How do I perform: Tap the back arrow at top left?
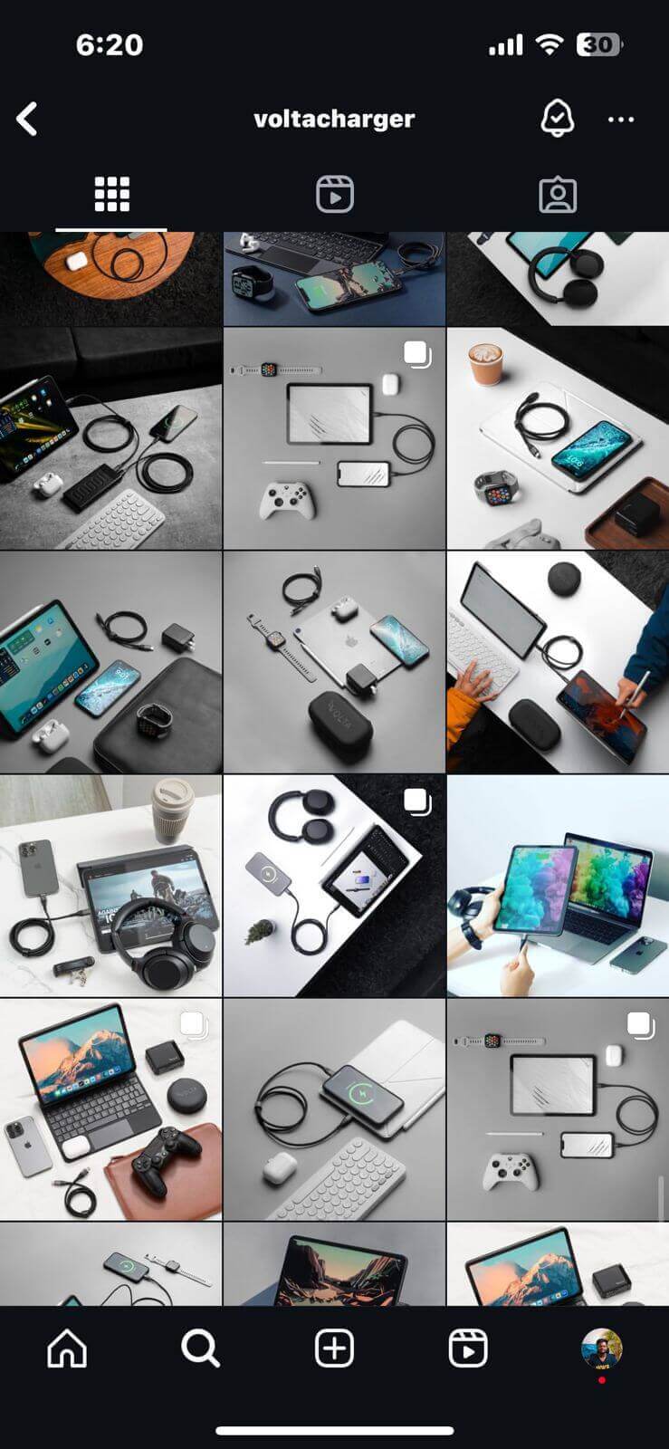point(27,119)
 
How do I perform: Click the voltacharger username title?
point(334,119)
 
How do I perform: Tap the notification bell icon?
point(557,119)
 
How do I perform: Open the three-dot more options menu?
point(621,120)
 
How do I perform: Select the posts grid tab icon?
point(112,194)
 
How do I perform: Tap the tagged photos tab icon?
point(558,195)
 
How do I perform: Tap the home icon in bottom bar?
point(67,1348)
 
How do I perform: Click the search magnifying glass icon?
point(200,1348)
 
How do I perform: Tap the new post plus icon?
point(334,1348)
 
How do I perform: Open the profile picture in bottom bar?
point(602,1348)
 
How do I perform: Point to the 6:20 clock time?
point(110,44)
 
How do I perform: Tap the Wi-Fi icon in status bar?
point(549,44)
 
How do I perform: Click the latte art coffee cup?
point(486,364)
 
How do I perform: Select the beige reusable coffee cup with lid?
point(173,810)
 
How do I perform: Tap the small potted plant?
point(260,931)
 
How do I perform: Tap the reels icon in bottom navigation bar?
point(468,1348)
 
